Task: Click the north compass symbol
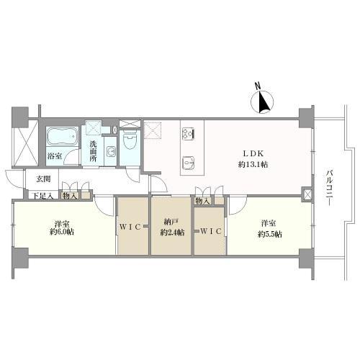pyautogui.click(x=264, y=103)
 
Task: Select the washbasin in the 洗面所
pyautogui.click(x=112, y=151)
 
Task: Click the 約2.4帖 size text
pyautogui.click(x=171, y=233)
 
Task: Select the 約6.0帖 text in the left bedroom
pyautogui.click(x=63, y=233)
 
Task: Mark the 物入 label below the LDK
pyautogui.click(x=202, y=201)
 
